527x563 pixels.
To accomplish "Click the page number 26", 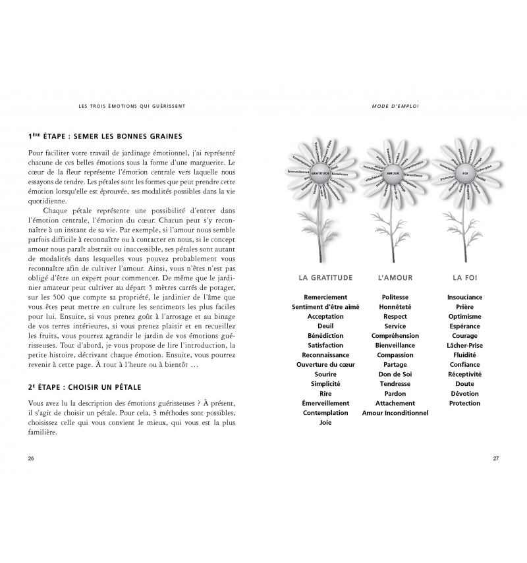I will (31, 458).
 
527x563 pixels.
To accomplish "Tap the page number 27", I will (495, 458).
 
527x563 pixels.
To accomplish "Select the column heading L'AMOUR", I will (395, 278).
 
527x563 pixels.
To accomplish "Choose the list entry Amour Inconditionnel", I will (395, 413).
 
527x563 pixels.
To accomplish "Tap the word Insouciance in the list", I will (464, 297).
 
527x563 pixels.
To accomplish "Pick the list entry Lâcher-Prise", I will (464, 345).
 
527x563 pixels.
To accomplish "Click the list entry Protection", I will (464, 403).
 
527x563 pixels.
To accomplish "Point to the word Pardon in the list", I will (395, 394).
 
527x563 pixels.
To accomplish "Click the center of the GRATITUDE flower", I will (321, 173).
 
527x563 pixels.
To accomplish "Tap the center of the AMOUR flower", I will (393, 173).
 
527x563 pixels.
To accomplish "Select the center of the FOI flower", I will (465, 173).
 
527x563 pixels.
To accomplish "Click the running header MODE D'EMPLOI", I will (396, 105).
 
